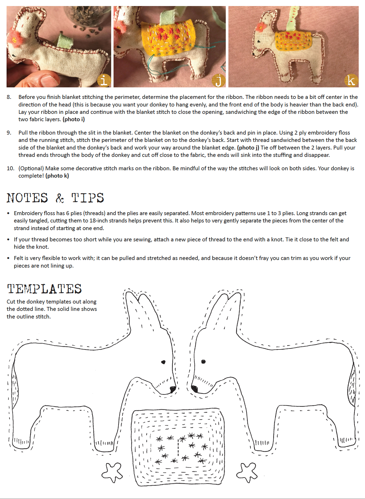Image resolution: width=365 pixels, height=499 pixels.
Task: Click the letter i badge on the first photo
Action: pyautogui.click(x=104, y=80)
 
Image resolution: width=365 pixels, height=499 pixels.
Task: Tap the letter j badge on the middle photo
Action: pyautogui.click(x=218, y=80)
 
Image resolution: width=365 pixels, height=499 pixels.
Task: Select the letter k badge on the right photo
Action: pyautogui.click(x=351, y=81)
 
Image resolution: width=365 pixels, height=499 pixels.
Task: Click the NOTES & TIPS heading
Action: pyautogui.click(x=55, y=198)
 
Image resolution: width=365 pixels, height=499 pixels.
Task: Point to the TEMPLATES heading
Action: pyautogui.click(x=44, y=289)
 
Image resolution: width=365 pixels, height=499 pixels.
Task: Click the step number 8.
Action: pyautogui.click(x=9, y=97)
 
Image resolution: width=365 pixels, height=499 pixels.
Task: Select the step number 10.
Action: pyautogui.click(x=10, y=168)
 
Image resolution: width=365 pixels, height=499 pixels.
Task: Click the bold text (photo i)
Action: pyautogui.click(x=74, y=119)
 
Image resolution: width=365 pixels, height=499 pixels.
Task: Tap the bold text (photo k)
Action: pyautogui.click(x=57, y=176)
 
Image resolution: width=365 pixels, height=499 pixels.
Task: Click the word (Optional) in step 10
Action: pyautogui.click(x=31, y=168)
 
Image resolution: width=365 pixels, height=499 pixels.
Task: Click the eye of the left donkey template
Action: pyautogui.click(x=163, y=362)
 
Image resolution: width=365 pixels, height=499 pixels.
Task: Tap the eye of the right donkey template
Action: pyautogui.click(x=203, y=362)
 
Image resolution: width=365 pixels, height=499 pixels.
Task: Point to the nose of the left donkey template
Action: pyautogui.click(x=173, y=389)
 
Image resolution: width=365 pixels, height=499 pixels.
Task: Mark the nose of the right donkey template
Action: pyautogui.click(x=194, y=389)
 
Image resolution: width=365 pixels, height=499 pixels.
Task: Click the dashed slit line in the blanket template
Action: pyautogui.click(x=178, y=447)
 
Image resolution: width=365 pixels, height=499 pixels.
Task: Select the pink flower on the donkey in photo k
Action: pyautogui.click(x=261, y=27)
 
